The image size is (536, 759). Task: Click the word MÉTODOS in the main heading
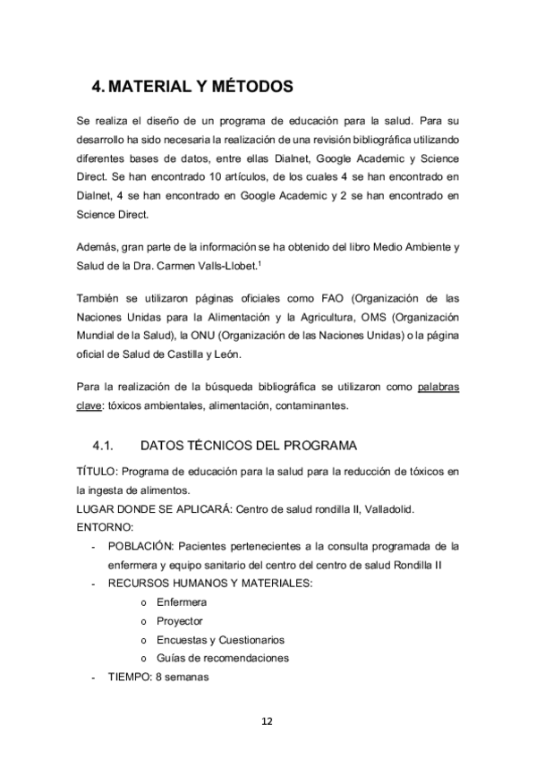coord(251,87)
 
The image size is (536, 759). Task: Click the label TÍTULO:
coord(97,472)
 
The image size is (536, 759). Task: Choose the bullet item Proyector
coord(180,621)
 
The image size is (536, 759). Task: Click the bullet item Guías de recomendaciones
coord(223,658)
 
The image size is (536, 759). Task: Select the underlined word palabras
coord(438,388)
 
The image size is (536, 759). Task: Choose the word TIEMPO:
coord(129,677)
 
